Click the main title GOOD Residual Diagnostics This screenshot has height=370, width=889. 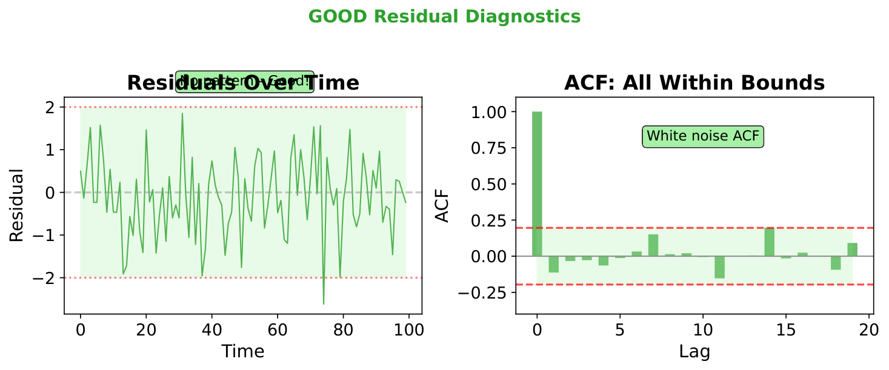[x=444, y=17]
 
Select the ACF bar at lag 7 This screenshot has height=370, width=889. [x=653, y=245]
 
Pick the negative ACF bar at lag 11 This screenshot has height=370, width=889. [x=719, y=267]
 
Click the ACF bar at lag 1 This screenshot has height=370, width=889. [x=553, y=264]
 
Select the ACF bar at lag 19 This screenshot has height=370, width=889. [x=852, y=249]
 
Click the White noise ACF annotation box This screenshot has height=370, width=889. [x=702, y=136]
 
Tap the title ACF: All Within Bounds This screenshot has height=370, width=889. [x=694, y=83]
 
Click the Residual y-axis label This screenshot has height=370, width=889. [x=18, y=205]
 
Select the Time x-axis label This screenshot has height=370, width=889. [x=242, y=351]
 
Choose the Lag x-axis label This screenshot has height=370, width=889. [x=694, y=351]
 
